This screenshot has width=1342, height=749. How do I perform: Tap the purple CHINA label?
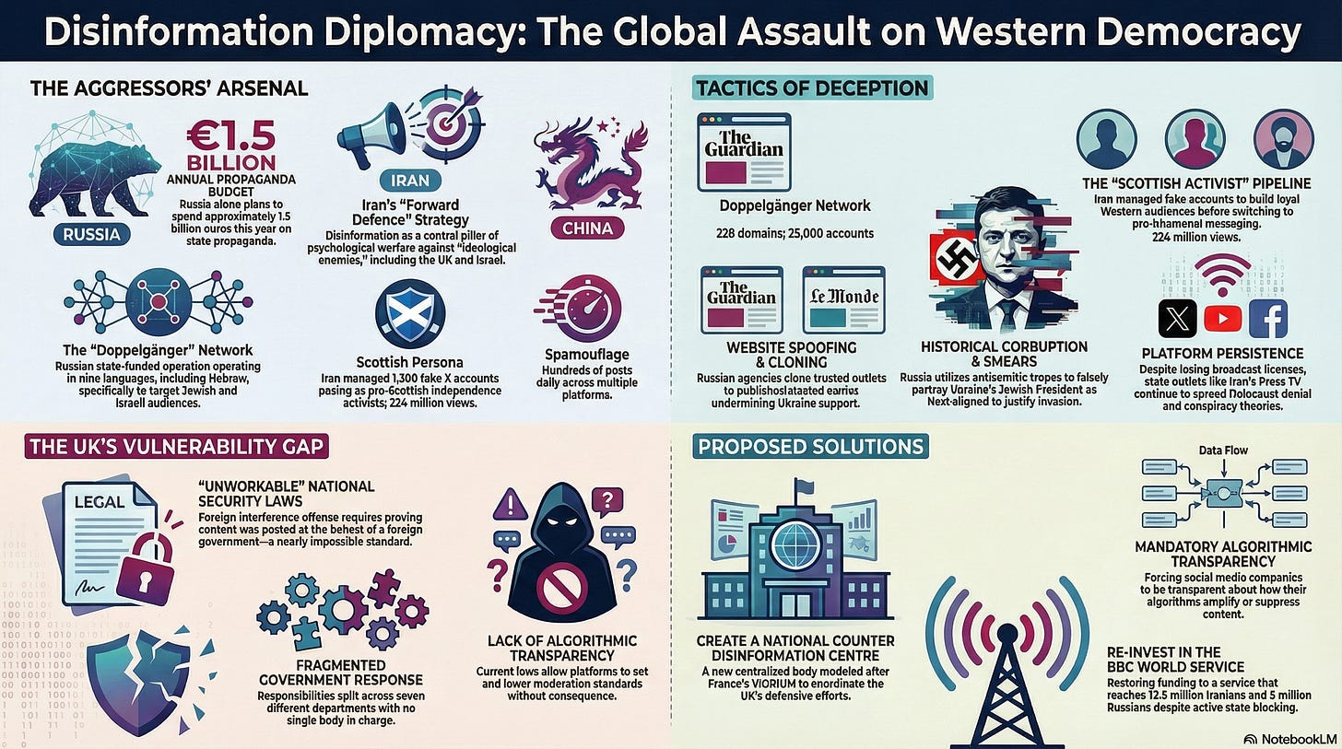pos(587,227)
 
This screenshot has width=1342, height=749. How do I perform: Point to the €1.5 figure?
pos(230,136)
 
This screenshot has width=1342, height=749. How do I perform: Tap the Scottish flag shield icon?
pos(410,314)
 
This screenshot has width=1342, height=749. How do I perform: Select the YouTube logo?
pos(1222,319)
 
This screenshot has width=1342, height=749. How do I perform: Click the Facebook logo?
pos(1268,319)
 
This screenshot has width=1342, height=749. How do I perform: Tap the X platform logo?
pos(1177,319)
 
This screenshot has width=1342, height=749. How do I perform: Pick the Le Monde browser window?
pos(843,298)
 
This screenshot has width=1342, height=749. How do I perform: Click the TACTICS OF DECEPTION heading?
pos(811,88)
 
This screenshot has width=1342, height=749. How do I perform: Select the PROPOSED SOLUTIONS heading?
pos(811,448)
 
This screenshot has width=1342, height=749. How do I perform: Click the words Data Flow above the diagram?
pos(1223,451)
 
